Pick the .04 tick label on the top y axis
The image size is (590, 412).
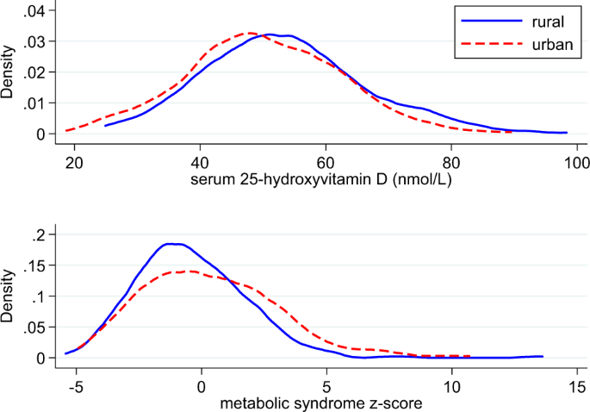[42, 10]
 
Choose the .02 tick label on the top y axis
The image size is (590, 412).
[42, 72]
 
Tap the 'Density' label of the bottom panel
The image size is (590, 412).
[11, 296]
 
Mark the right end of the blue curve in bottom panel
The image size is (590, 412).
[543, 356]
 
